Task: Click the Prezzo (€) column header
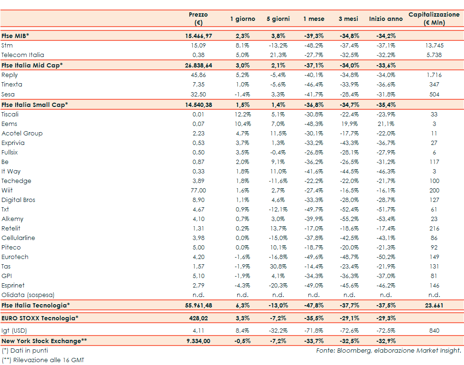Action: pyautogui.click(x=198, y=19)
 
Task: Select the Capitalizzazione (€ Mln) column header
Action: pyautogui.click(x=434, y=19)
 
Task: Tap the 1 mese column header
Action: pyautogui.click(x=314, y=19)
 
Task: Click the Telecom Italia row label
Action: pyautogui.click(x=23, y=55)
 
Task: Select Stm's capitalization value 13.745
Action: pyautogui.click(x=434, y=46)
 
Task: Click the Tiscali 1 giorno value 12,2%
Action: pyautogui.click(x=242, y=114)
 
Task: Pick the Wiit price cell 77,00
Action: pyautogui.click(x=198, y=190)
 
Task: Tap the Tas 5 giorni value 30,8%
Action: pyautogui.click(x=278, y=266)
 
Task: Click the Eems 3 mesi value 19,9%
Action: pyautogui.click(x=349, y=124)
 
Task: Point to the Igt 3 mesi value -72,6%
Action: pyautogui.click(x=349, y=330)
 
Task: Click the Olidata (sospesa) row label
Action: pyautogui.click(x=28, y=295)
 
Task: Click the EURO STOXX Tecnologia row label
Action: pyautogui.click(x=40, y=318)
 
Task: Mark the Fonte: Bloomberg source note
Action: pyautogui.click(x=389, y=350)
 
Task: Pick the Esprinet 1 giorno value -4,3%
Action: pyautogui.click(x=242, y=285)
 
